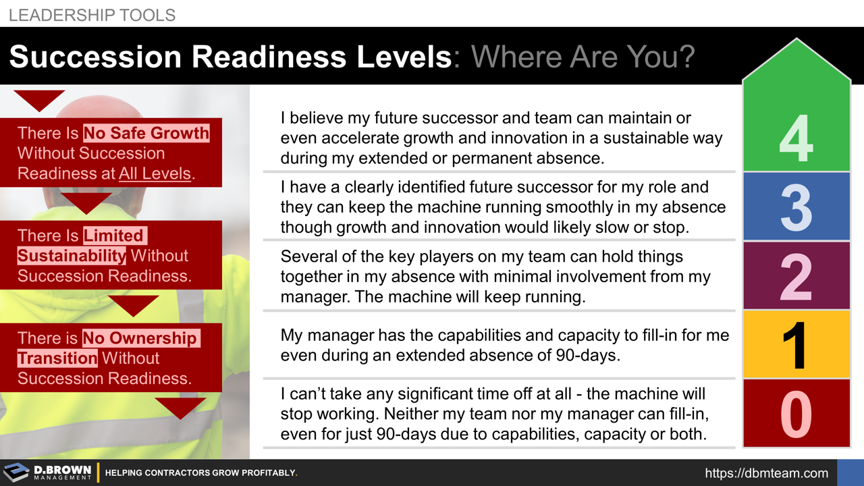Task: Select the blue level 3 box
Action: point(796,207)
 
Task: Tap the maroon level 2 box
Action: point(796,275)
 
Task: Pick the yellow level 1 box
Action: point(796,344)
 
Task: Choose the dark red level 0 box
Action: point(796,413)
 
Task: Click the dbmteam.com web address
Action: point(766,473)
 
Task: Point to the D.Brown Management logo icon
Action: point(16,473)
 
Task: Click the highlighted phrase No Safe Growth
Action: point(146,132)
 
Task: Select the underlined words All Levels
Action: point(155,173)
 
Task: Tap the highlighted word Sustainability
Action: point(72,256)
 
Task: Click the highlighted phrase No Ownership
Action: point(140,337)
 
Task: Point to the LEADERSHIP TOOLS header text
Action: point(92,15)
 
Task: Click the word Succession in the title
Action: point(94,57)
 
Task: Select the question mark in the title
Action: point(686,57)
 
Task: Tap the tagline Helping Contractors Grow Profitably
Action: point(201,473)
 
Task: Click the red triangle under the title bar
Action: point(39,99)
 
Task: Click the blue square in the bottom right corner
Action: point(850,473)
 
